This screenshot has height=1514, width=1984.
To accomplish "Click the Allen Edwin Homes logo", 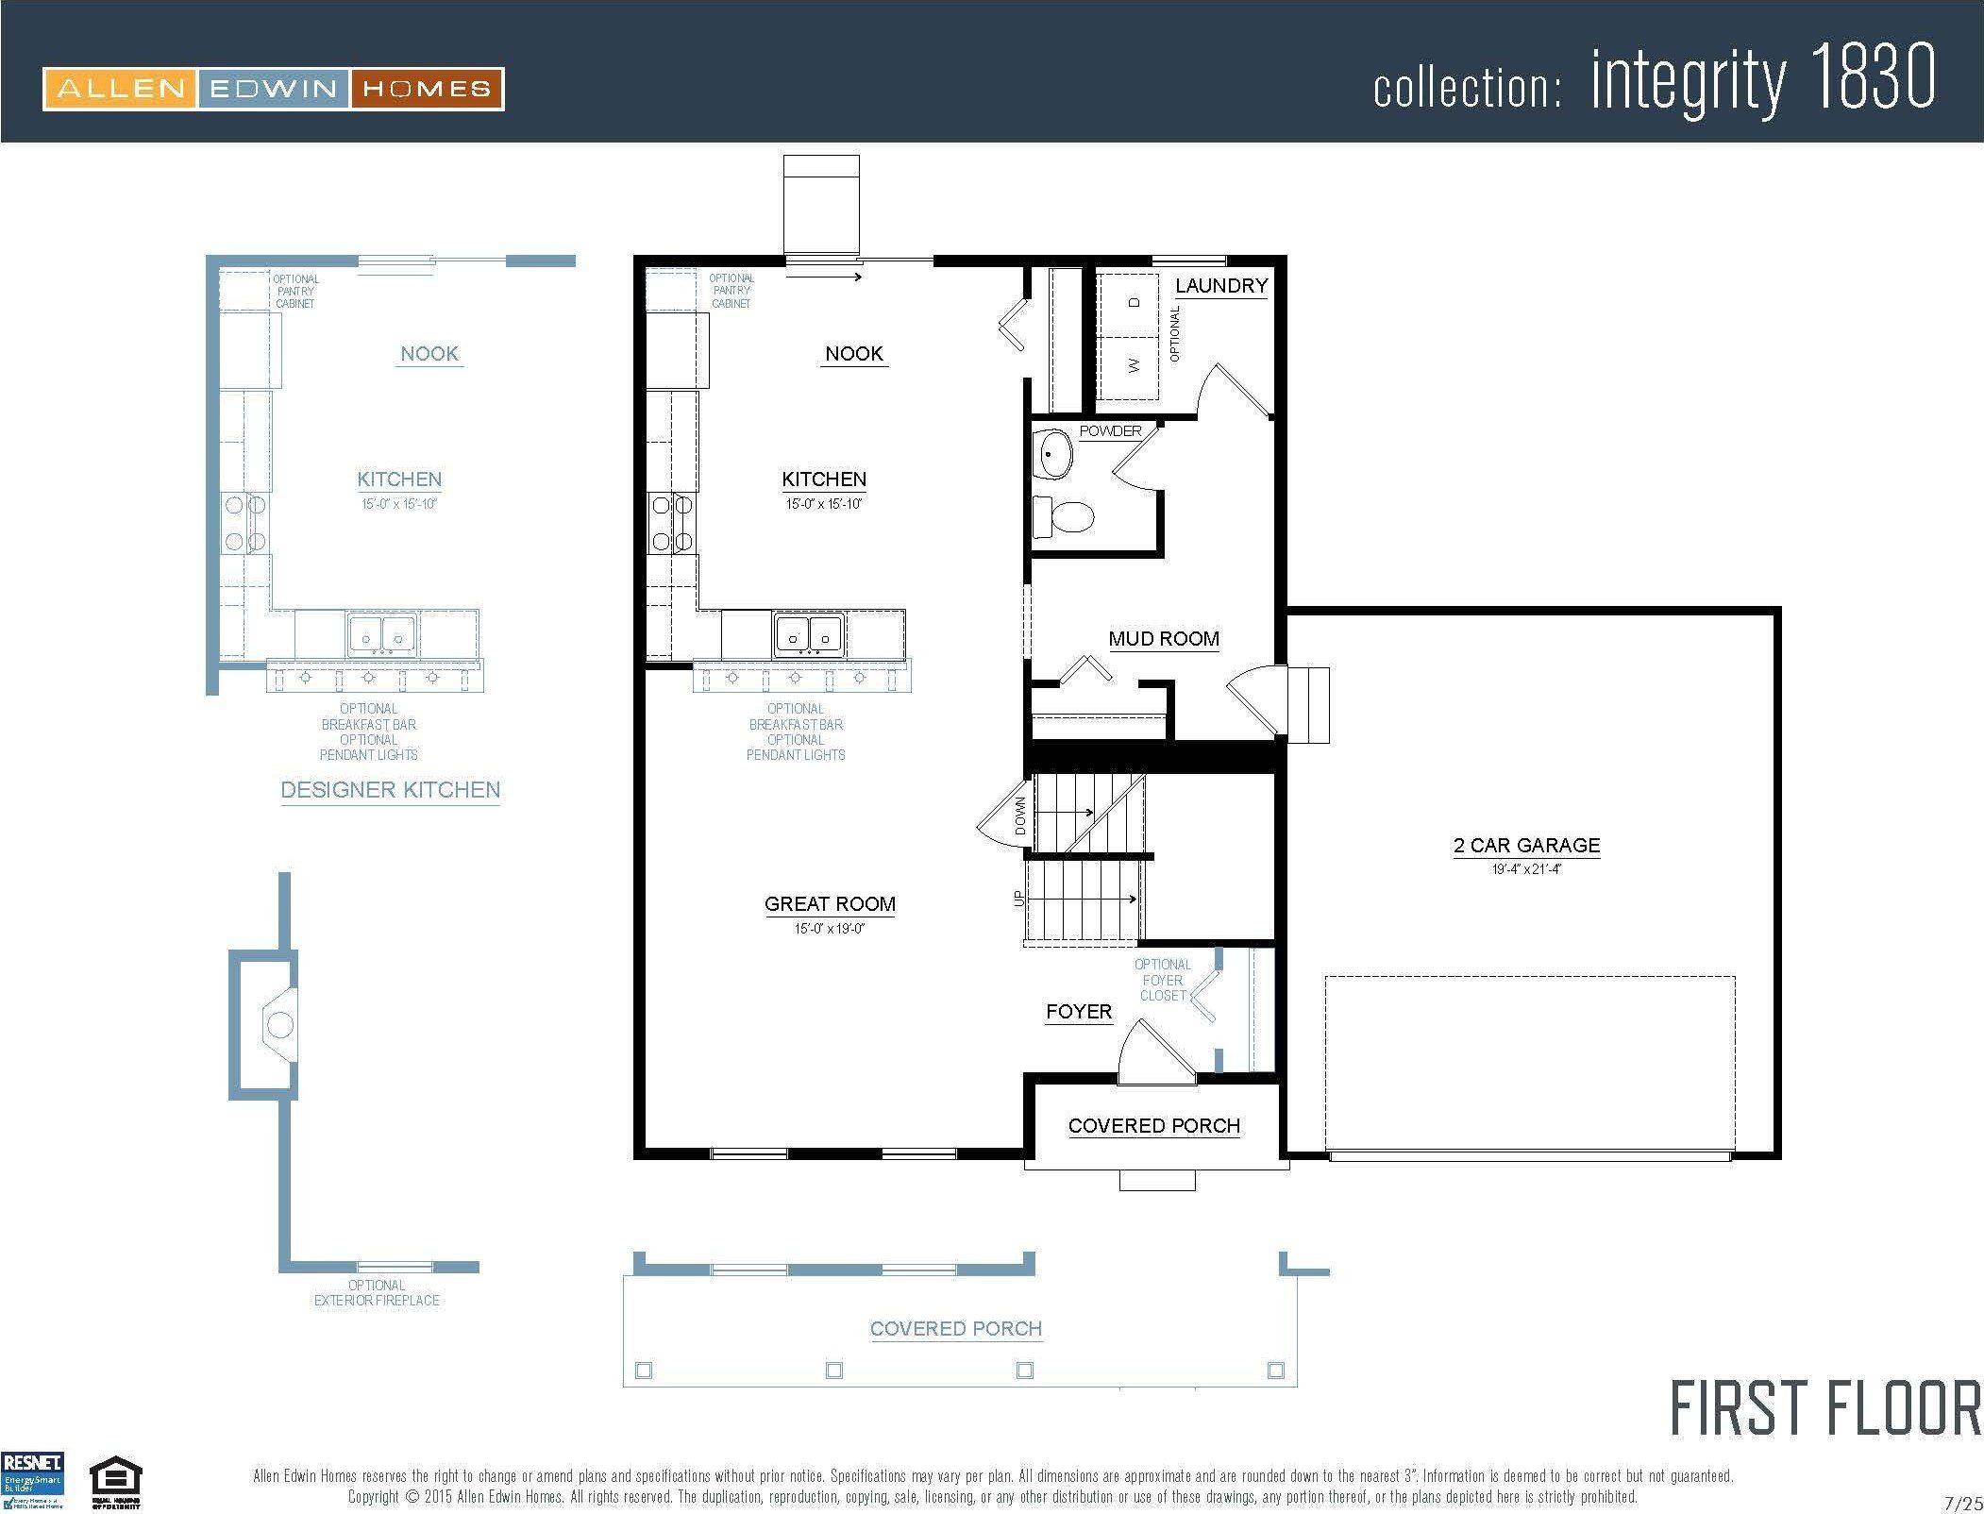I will pyautogui.click(x=273, y=89).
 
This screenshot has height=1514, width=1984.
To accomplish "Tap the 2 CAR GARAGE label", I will pyautogui.click(x=1526, y=845).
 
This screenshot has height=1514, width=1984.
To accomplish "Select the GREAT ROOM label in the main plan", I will pyautogui.click(x=830, y=903).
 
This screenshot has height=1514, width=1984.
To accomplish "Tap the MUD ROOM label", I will pyautogui.click(x=1164, y=639).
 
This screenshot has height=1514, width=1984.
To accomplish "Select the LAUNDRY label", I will pyautogui.click(x=1221, y=285).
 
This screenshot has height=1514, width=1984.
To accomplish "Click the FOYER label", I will pyautogui.click(x=1079, y=1012).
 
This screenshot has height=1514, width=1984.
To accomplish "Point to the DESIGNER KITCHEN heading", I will pyautogui.click(x=391, y=790).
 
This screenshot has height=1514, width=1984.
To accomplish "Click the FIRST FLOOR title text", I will pyautogui.click(x=1825, y=1408).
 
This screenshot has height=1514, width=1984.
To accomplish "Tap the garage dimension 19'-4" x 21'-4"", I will pyautogui.click(x=1526, y=869).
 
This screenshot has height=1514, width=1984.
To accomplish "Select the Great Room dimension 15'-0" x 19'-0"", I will pyautogui.click(x=830, y=929).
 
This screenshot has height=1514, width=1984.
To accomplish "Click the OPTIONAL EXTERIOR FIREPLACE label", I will pyautogui.click(x=377, y=1292).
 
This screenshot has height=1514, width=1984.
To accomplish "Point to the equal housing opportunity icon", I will pyautogui.click(x=115, y=1485).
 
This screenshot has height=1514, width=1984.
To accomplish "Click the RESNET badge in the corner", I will pyautogui.click(x=33, y=1481).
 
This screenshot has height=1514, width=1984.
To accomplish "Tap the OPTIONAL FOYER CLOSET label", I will pyautogui.click(x=1162, y=980).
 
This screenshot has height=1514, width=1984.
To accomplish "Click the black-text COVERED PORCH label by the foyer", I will pyautogui.click(x=1153, y=1125).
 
